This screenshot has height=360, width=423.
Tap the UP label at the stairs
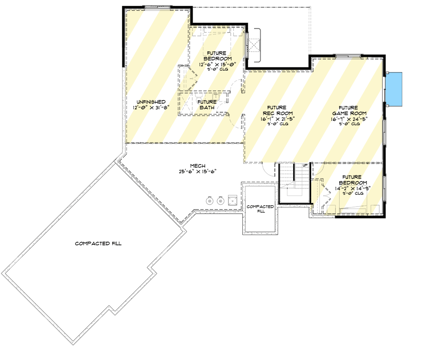click(305, 166)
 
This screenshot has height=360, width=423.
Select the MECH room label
click(197, 166)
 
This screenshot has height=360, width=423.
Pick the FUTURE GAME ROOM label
click(346, 110)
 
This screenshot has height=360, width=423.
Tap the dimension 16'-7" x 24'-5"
click(346, 119)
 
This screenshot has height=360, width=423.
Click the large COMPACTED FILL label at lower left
click(98, 243)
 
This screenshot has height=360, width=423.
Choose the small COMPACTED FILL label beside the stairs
click(260, 209)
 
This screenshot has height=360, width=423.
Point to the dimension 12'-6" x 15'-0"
click(218, 64)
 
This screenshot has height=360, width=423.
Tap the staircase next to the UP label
click(293, 182)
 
